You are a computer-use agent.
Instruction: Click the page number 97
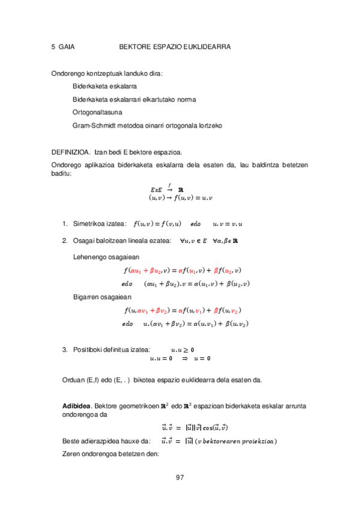point(179,478)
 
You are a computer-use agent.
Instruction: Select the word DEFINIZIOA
point(71,152)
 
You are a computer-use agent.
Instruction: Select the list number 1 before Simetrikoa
point(65,224)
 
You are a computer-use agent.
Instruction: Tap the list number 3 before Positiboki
point(65,349)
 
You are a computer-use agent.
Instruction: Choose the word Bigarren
point(87,297)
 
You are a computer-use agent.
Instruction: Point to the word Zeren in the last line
point(72,454)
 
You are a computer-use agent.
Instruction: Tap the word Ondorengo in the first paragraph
point(70,74)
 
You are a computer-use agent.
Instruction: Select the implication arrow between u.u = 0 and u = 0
point(185,359)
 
